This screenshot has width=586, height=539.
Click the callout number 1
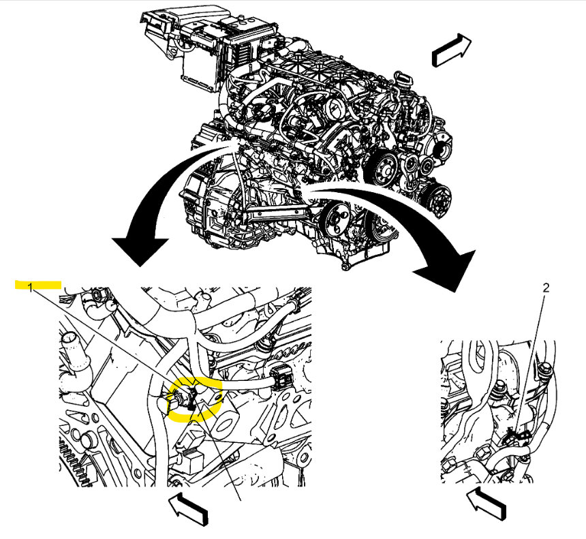(31, 288)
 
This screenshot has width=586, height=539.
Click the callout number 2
(545, 288)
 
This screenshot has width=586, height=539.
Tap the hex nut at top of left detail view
(98, 297)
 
